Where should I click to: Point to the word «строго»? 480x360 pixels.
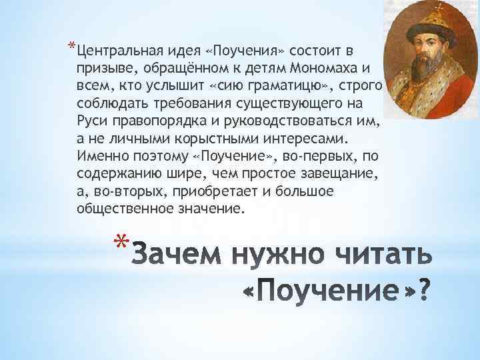(x=363, y=87)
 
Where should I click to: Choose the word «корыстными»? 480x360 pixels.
(x=189, y=141)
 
